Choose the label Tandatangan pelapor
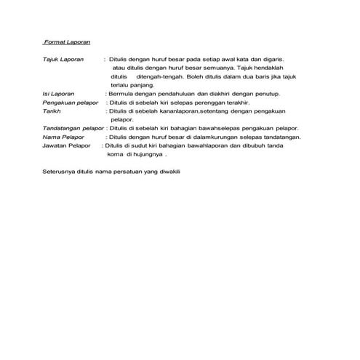pos(73,128)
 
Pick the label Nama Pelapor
pos(62,137)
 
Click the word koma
pos(116,154)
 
